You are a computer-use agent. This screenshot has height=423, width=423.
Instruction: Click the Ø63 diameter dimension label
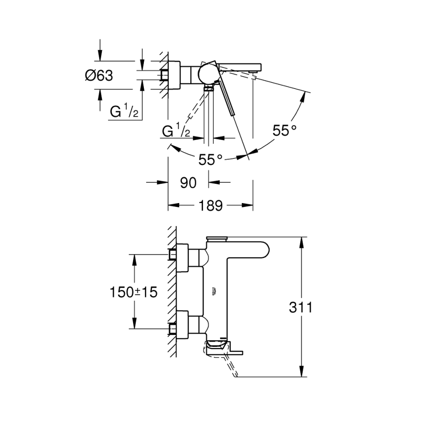(99, 75)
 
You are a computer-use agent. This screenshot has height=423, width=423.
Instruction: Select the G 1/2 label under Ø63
(124, 112)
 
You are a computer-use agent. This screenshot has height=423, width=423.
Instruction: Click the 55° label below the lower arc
(210, 160)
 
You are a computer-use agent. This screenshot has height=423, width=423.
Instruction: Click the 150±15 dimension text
(133, 292)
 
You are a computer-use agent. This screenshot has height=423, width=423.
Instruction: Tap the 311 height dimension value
(301, 308)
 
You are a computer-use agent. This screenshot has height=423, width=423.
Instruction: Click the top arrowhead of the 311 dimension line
(301, 240)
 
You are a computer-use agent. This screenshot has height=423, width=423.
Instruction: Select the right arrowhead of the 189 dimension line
(249, 205)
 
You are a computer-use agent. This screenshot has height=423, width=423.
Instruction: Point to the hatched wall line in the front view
(172, 291)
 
